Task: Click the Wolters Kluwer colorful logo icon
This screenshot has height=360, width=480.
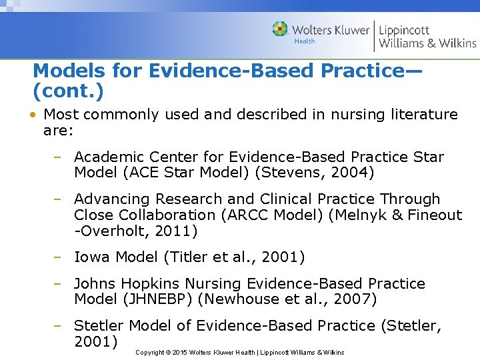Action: coord(280,29)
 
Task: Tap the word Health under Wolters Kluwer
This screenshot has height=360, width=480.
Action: coord(305,41)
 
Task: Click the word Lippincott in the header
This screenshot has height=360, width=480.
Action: coord(404,30)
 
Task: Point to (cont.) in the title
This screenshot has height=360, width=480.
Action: coord(68,88)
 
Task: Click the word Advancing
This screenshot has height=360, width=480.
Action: coord(111,199)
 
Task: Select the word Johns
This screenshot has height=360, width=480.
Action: coord(93,284)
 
